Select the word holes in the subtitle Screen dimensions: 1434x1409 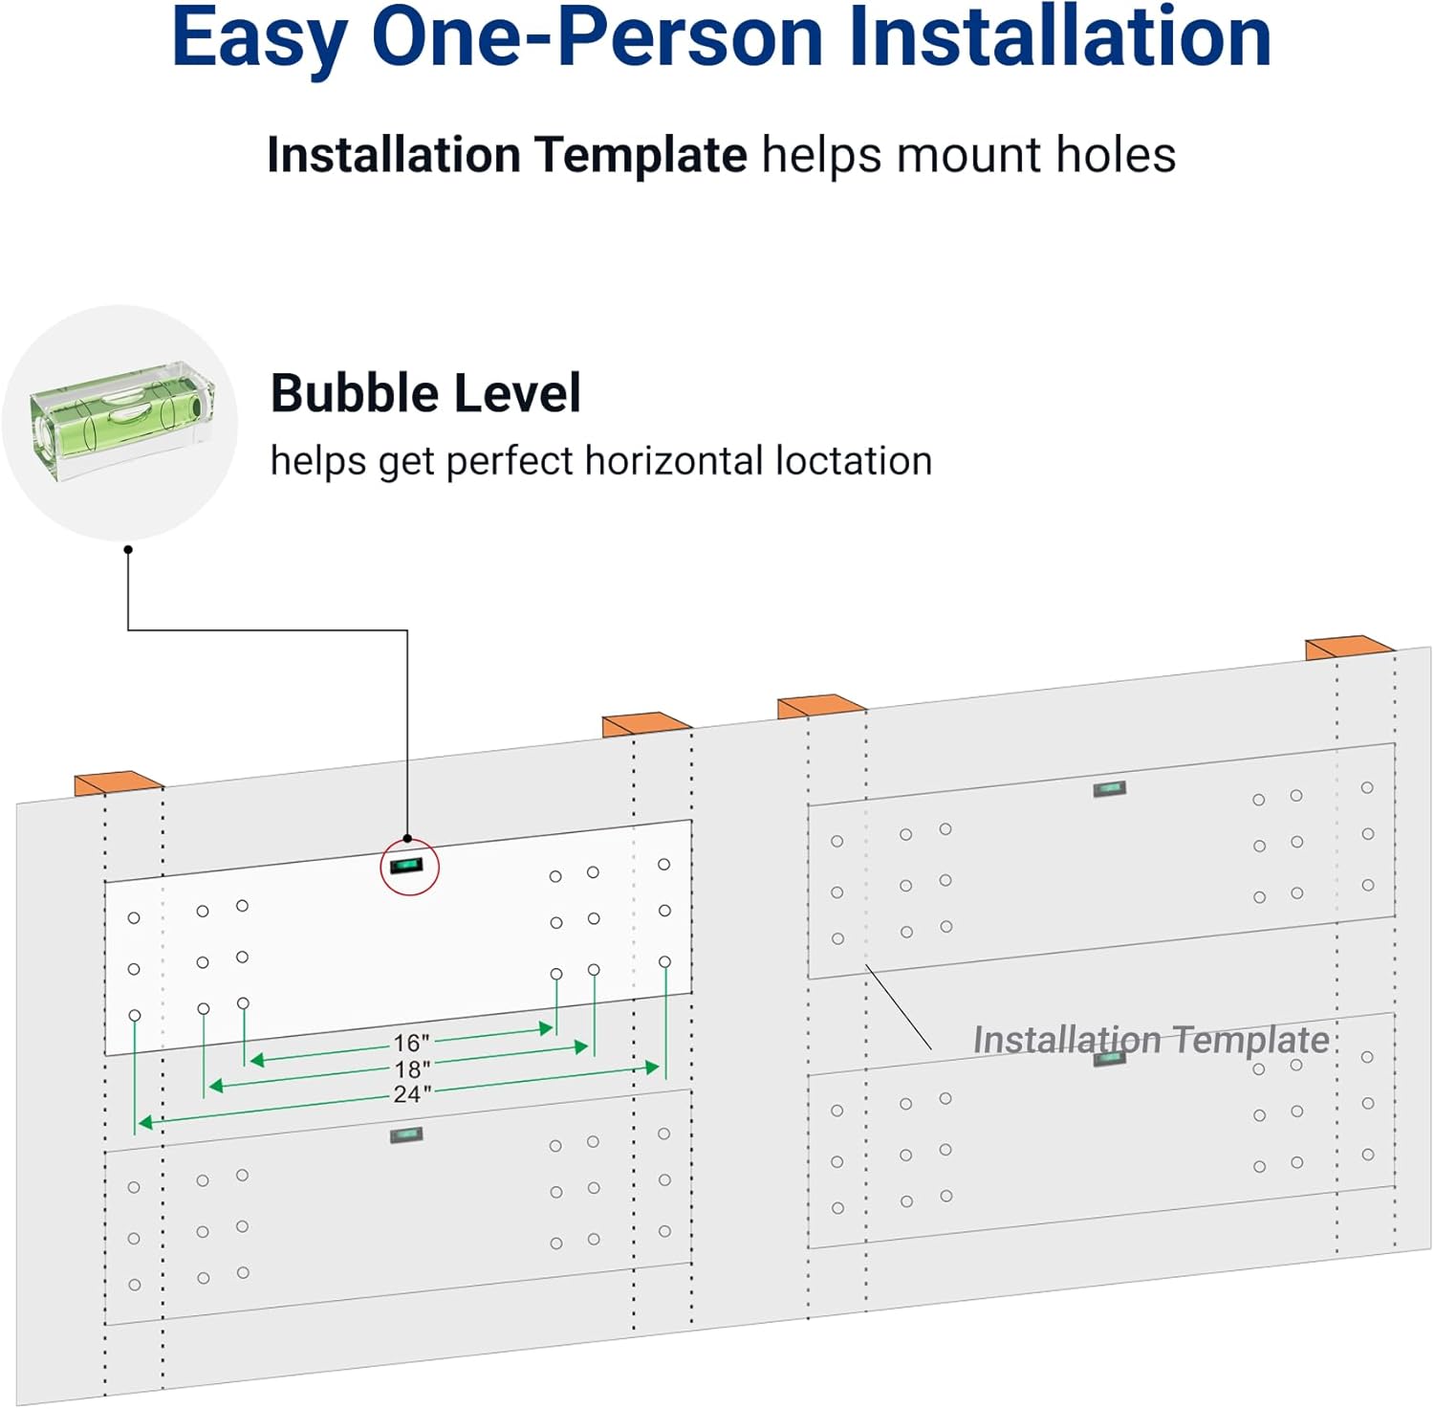click(x=1116, y=155)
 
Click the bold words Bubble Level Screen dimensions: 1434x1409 click(x=425, y=392)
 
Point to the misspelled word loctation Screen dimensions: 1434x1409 click(x=854, y=460)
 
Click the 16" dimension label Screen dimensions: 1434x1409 click(x=412, y=1042)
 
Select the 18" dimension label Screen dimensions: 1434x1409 click(x=412, y=1068)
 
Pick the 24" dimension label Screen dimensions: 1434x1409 click(x=412, y=1093)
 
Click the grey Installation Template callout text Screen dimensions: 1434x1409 click(x=1151, y=1040)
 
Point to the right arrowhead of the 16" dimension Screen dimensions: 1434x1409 click(x=548, y=1028)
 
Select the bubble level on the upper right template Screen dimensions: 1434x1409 click(x=1109, y=789)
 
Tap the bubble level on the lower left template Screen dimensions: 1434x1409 click(x=405, y=1135)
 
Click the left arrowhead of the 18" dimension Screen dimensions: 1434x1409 click(x=216, y=1086)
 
